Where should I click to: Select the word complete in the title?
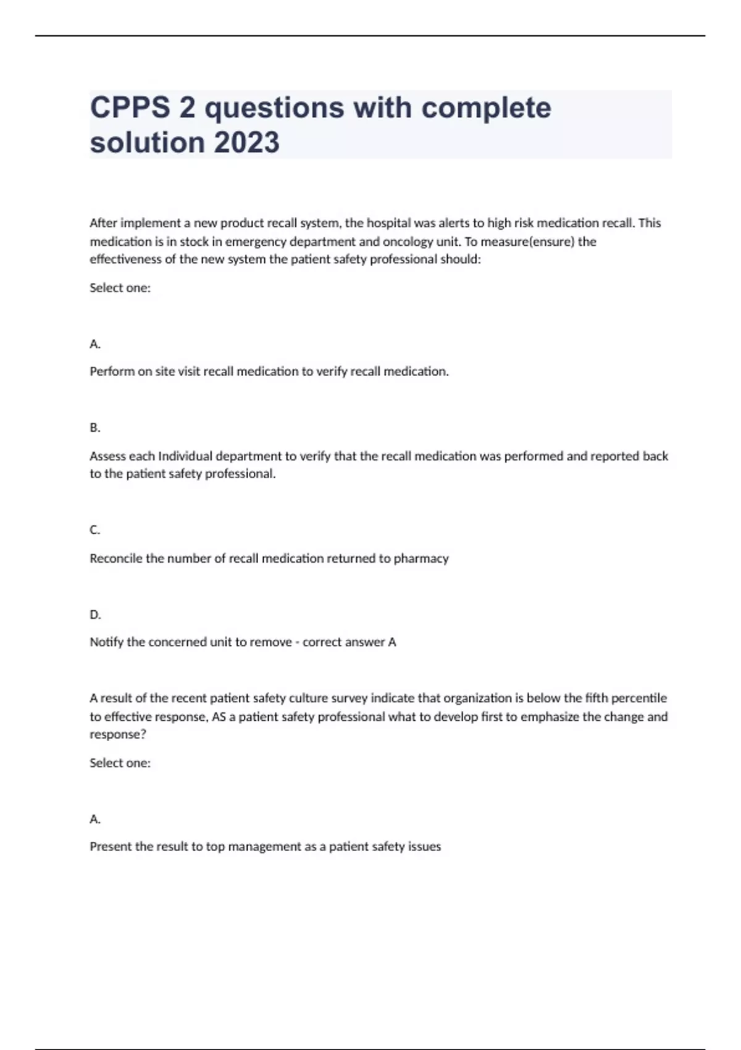click(x=486, y=107)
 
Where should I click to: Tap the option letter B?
click(x=94, y=427)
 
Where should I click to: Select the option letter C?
click(x=94, y=530)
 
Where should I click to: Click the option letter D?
click(x=95, y=615)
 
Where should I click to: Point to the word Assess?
click(x=107, y=456)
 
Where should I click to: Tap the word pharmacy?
click(x=421, y=558)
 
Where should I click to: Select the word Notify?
click(x=107, y=642)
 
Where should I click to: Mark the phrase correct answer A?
click(x=349, y=642)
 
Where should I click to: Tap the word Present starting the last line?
click(x=111, y=847)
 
